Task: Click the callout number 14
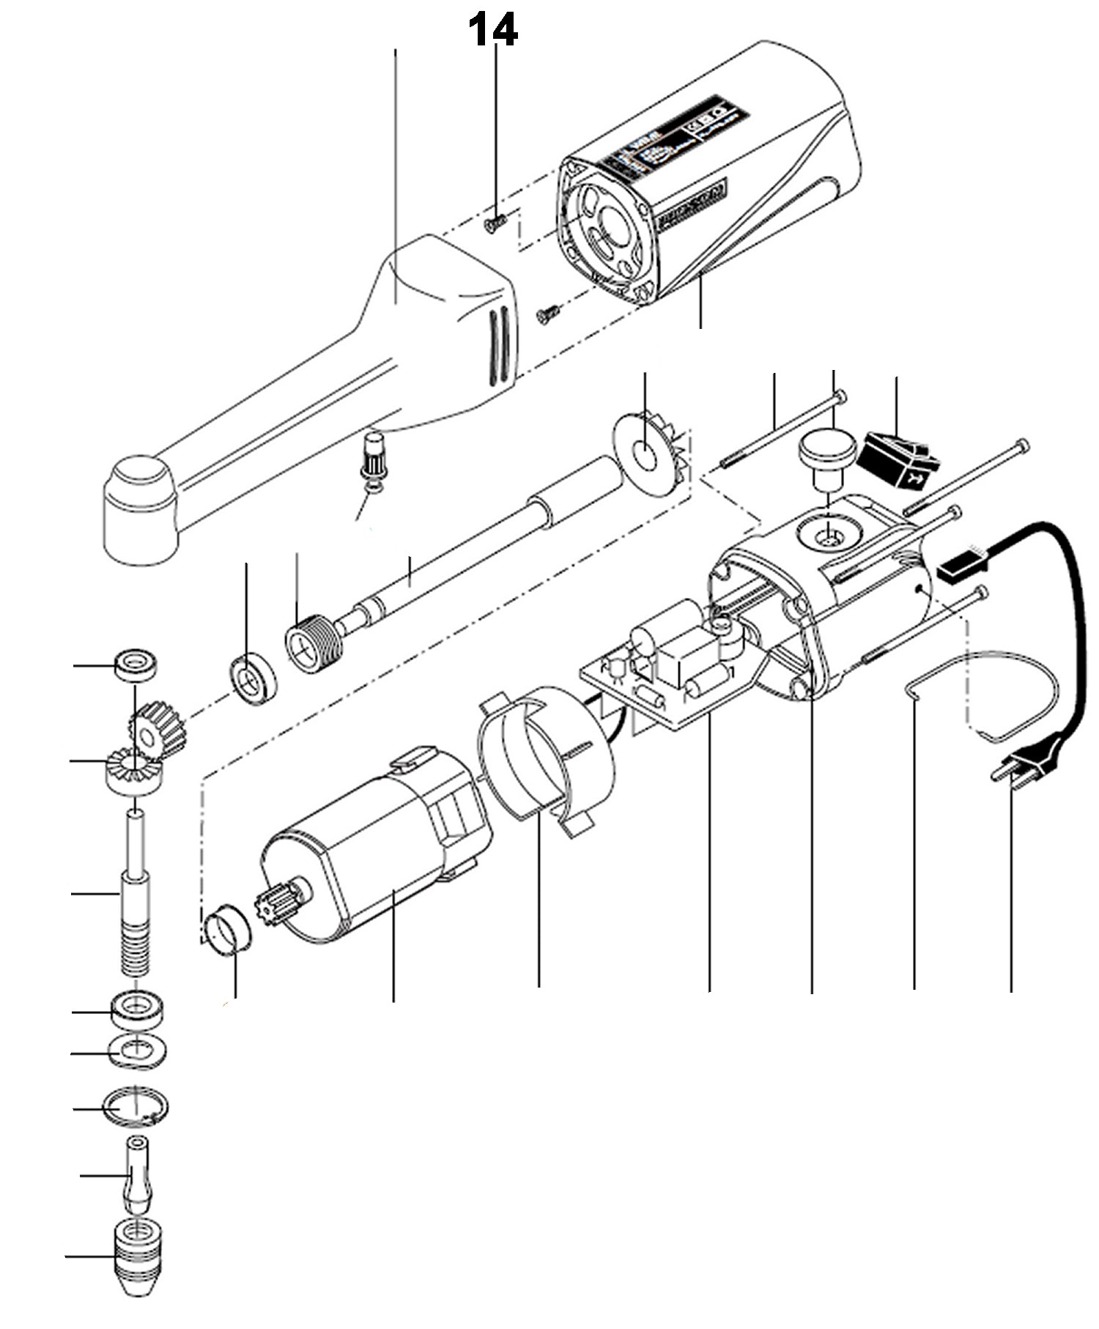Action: pyautogui.click(x=493, y=30)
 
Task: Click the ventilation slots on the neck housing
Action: pyautogui.click(x=500, y=339)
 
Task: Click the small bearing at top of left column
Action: pyautogui.click(x=136, y=664)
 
